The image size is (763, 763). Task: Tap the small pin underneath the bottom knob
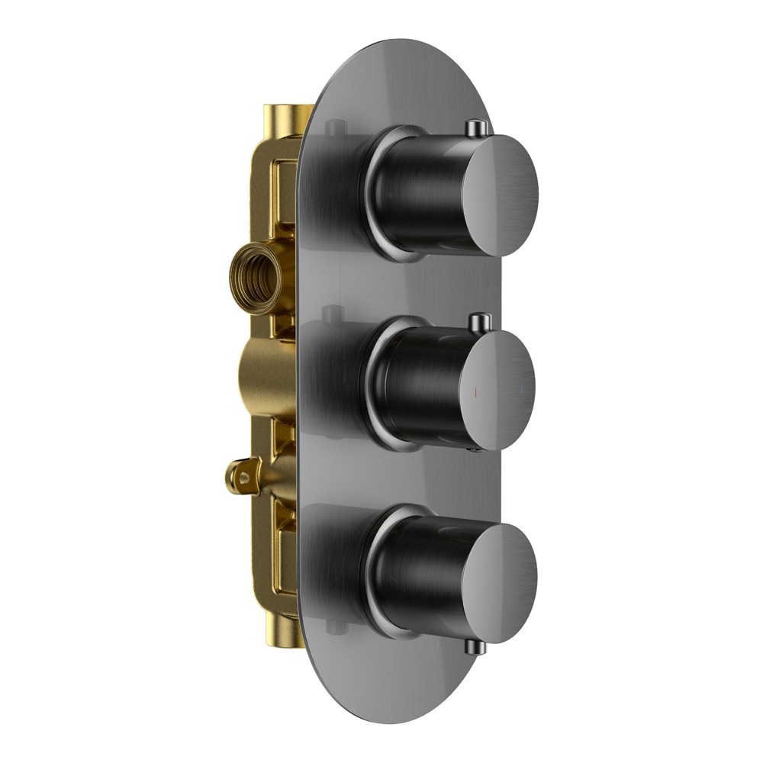pyautogui.click(x=475, y=647)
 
